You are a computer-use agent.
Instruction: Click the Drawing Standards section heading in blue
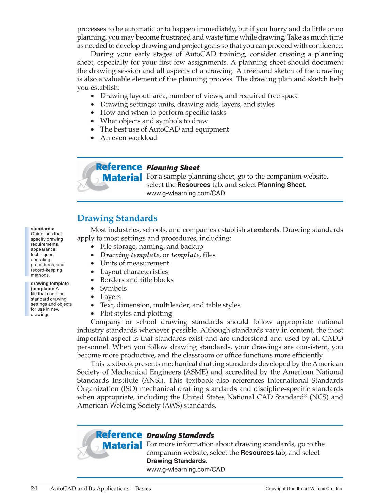click(x=117, y=218)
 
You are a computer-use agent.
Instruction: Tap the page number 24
click(x=34, y=488)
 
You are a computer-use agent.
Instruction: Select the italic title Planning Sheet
click(x=173, y=168)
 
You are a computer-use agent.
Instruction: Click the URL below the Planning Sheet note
click(x=185, y=193)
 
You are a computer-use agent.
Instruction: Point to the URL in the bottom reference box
click(x=185, y=469)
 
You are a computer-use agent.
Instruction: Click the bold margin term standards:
click(x=43, y=229)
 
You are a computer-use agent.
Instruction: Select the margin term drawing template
click(x=50, y=284)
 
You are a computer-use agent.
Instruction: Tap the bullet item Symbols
click(x=113, y=288)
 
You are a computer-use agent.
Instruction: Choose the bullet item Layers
click(x=110, y=297)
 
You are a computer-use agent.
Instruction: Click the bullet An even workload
click(x=129, y=138)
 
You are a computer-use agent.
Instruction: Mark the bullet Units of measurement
click(x=134, y=263)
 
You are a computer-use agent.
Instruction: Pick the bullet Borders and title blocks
click(x=137, y=280)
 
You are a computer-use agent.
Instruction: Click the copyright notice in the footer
click(x=304, y=489)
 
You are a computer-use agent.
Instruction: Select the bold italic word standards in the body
click(x=263, y=230)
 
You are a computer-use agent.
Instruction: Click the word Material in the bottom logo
click(x=122, y=445)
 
